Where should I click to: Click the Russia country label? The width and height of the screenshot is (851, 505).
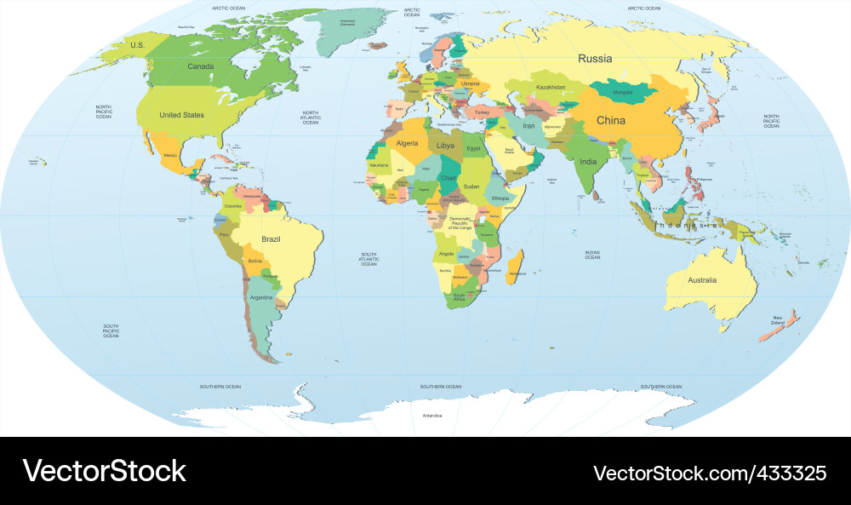[595, 59]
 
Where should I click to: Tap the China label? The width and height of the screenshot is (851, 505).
[610, 120]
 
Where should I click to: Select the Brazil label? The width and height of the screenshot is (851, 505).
[271, 239]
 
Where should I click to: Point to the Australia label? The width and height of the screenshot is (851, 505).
[702, 280]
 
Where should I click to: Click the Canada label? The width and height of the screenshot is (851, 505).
[200, 66]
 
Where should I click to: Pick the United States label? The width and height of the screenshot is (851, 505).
[181, 115]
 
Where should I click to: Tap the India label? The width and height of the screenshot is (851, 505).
[588, 161]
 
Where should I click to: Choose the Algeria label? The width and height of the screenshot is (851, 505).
[407, 143]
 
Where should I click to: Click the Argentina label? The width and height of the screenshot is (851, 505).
[261, 298]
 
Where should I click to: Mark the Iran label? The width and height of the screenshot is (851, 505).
[528, 126]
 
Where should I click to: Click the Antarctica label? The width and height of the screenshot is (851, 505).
[432, 416]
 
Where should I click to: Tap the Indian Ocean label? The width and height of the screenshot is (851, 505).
[592, 255]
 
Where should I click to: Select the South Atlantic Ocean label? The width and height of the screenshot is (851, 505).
[368, 259]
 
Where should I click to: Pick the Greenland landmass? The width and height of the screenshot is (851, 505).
[349, 30]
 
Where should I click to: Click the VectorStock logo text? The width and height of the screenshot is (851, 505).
[104, 471]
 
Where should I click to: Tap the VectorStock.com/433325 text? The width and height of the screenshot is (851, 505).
[709, 473]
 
